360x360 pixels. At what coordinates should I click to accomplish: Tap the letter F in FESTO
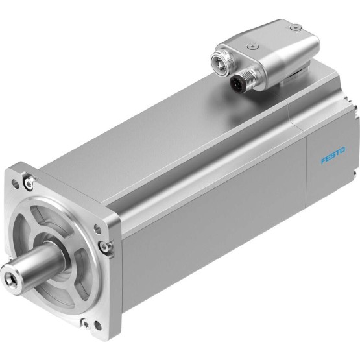pos(323,160)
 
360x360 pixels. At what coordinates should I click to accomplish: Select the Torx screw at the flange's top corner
pos(29,184)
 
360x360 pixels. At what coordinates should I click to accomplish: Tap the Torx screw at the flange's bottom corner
pos(86,324)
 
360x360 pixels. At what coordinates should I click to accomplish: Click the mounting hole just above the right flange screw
pos(97,229)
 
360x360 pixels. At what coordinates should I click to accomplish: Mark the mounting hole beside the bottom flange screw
pos(98,326)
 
